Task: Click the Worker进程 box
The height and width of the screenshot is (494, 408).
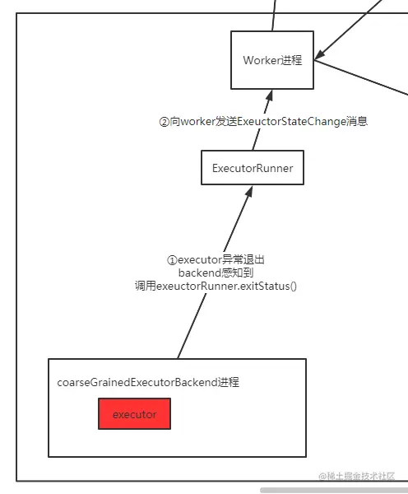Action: (x=271, y=60)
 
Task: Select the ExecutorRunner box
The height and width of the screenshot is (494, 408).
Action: (x=253, y=168)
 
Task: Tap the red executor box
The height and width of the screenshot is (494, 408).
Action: (x=134, y=414)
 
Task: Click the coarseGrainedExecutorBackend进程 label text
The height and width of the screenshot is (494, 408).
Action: (x=148, y=382)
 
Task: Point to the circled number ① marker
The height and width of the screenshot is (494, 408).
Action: (x=172, y=259)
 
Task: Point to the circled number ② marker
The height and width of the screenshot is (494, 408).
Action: (x=164, y=121)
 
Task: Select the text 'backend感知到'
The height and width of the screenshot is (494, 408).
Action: (x=216, y=273)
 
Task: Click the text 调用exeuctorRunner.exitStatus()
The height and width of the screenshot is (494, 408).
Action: (x=216, y=286)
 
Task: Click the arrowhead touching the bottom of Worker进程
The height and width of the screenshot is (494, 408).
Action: (x=267, y=95)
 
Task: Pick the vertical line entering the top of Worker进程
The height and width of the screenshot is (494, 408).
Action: (x=274, y=15)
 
